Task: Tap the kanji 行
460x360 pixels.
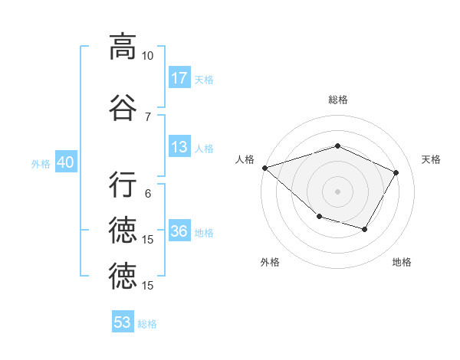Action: pos(123,185)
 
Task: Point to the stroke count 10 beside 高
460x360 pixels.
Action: pos(148,56)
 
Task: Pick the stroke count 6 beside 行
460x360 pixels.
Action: pos(148,194)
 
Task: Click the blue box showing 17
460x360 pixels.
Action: pos(179,77)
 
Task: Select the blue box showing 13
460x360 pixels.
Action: pos(179,147)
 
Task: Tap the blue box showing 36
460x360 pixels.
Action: pos(179,231)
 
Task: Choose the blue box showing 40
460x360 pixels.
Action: pos(65,162)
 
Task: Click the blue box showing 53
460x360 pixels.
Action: pos(123,322)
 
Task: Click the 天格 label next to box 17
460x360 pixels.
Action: pos(204,79)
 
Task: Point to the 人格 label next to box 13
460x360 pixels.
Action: pos(204,149)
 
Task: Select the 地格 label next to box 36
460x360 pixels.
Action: pos(204,233)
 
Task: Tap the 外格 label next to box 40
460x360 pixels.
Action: pos(41,164)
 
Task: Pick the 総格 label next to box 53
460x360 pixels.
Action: pos(147,324)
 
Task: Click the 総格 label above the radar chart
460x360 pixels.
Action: pos(337,100)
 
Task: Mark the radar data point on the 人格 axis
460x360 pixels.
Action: pos(264,168)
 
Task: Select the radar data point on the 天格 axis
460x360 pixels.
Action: pos(396,172)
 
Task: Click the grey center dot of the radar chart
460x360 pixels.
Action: pos(337,191)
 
